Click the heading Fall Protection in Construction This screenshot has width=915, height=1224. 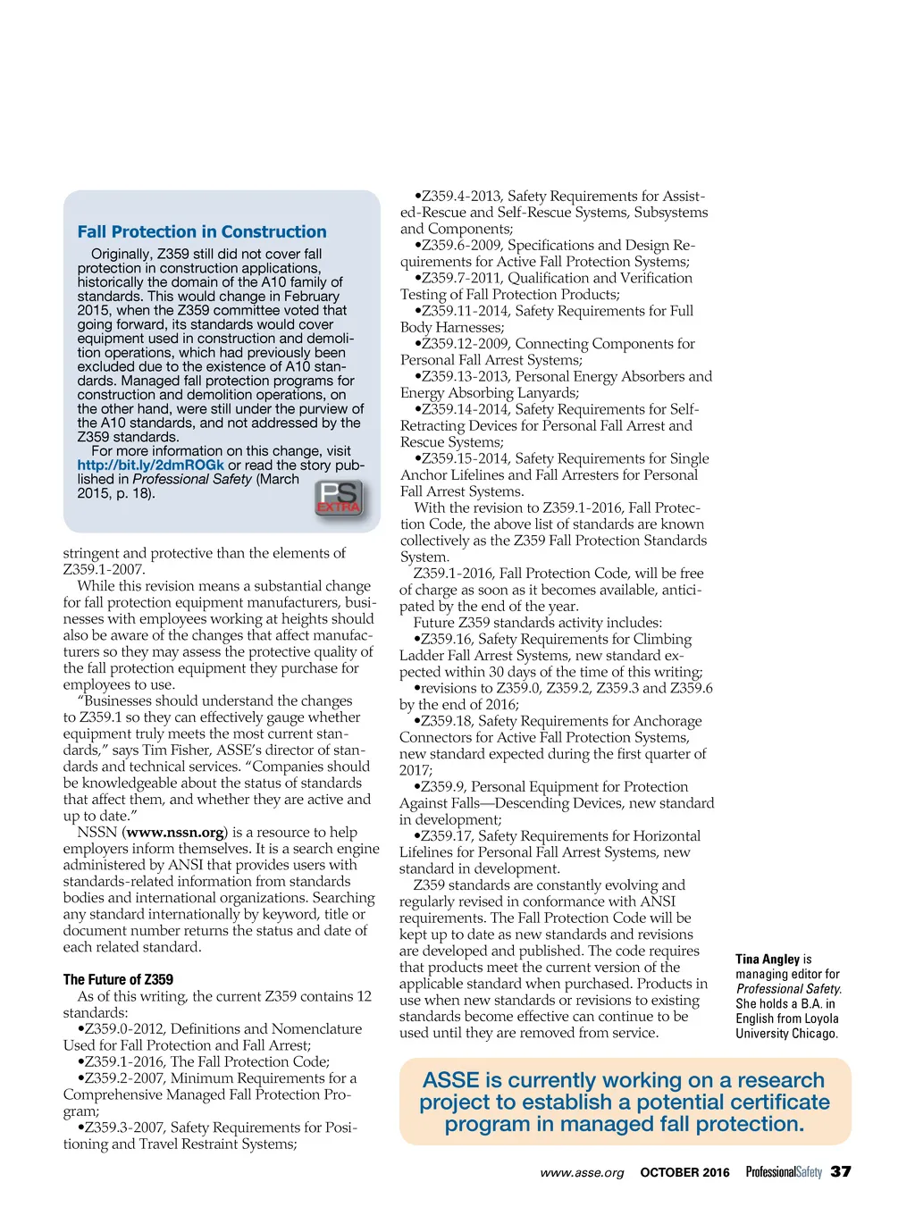(x=202, y=231)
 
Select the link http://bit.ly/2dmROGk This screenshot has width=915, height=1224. (x=150, y=465)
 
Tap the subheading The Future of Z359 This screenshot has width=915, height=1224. (x=118, y=979)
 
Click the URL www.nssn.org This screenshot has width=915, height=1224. (x=175, y=833)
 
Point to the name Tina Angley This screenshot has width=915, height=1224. (x=768, y=959)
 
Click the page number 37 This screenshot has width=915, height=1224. (x=841, y=1171)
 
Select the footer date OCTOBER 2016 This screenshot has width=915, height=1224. (x=684, y=1172)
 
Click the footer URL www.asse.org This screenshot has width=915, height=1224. (x=582, y=1172)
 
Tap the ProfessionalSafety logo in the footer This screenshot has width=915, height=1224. (x=784, y=1172)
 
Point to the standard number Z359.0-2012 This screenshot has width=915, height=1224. (x=125, y=1029)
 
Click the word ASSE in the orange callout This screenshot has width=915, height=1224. (x=450, y=1080)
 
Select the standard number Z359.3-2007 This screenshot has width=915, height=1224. (x=125, y=1128)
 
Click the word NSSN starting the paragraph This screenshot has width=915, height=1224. (x=97, y=833)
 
